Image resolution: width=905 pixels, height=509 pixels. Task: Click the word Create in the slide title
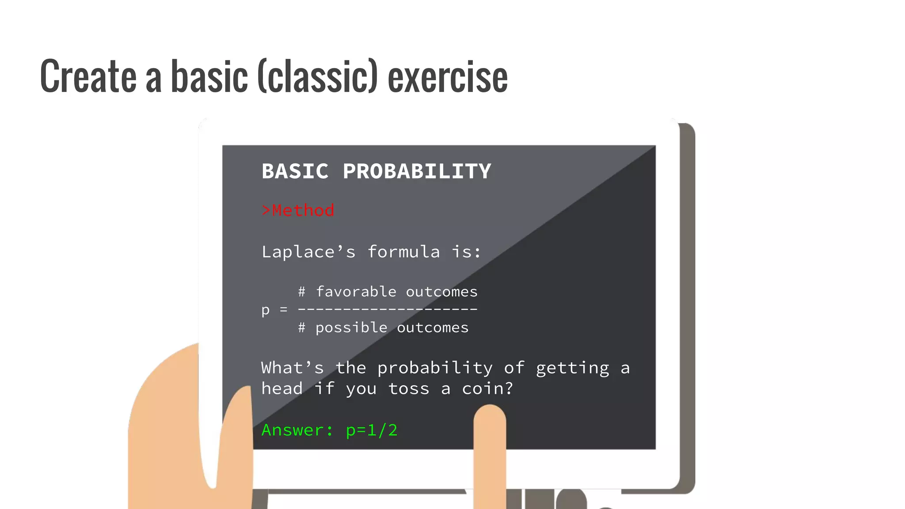(88, 76)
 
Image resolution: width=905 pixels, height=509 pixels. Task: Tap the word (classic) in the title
(317, 76)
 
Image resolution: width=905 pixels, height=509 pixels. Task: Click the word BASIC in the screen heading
(295, 171)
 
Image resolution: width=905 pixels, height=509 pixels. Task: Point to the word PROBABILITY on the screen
(417, 171)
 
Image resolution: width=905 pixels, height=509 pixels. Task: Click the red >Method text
(298, 210)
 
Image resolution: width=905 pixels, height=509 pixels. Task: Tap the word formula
(403, 252)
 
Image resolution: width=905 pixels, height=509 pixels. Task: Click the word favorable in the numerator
(356, 292)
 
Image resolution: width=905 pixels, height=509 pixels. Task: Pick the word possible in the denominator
(351, 327)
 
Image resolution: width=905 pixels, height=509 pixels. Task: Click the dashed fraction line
(388, 309)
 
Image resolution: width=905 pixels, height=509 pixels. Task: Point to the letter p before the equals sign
(265, 310)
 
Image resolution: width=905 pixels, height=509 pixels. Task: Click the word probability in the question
(435, 368)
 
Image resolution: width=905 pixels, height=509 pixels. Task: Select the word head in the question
(282, 388)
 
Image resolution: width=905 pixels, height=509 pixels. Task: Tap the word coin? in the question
(487, 388)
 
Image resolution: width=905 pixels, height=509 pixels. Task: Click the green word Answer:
(297, 430)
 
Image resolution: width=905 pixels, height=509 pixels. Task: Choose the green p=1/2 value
(372, 430)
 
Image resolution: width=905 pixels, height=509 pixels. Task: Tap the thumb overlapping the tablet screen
(236, 433)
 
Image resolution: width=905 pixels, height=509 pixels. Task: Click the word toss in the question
(409, 388)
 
